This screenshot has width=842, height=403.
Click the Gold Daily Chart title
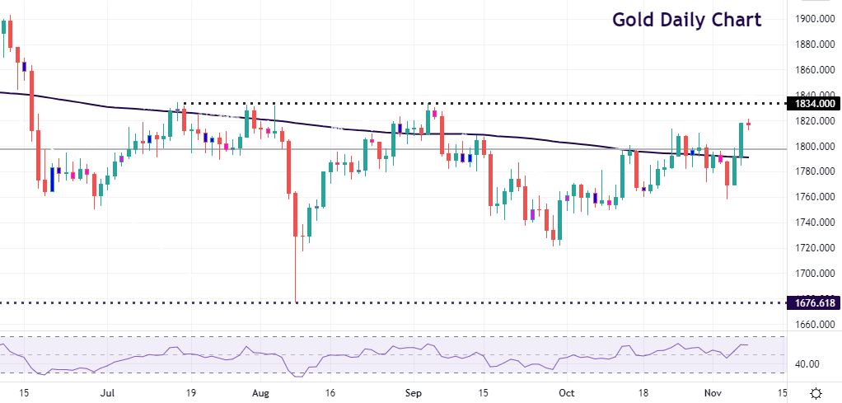685,19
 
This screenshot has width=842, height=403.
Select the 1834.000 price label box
812,104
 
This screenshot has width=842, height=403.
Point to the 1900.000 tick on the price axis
812,19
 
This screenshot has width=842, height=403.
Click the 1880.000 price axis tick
812,45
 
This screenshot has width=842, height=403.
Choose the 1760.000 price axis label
812,197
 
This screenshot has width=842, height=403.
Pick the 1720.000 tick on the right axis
812,248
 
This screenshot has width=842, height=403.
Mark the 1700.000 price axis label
812,274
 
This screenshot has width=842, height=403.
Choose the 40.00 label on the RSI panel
807,364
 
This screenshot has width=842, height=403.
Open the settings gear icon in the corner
815,392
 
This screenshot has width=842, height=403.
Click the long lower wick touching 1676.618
295,272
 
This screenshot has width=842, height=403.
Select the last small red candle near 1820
749,124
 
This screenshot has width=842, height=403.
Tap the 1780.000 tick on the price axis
812,171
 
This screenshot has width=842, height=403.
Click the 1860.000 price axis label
812,70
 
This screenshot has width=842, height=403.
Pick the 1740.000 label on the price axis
812,223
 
